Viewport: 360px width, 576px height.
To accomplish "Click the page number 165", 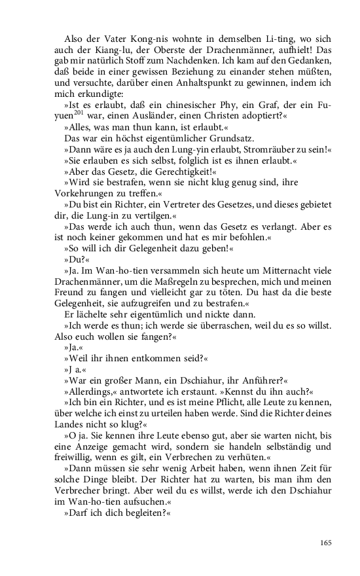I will coord(326,543).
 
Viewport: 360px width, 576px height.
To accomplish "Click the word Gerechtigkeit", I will coord(140,172).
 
